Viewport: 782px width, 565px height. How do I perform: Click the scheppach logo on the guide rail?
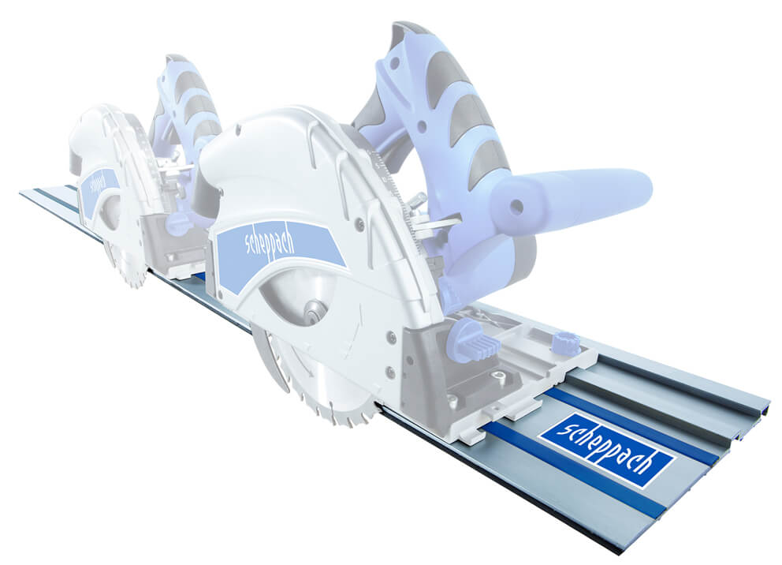[x=608, y=450]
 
